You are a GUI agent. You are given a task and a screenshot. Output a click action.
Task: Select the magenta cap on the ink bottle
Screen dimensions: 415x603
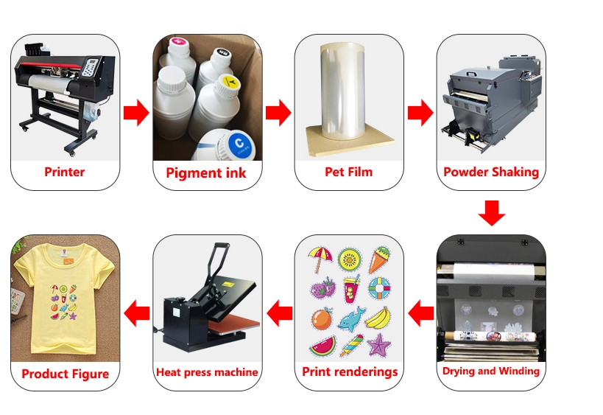point(177,42)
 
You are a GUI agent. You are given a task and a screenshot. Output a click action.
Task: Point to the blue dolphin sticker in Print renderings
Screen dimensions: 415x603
point(350,319)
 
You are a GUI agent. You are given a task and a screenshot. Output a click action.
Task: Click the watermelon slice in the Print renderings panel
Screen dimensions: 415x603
point(322,346)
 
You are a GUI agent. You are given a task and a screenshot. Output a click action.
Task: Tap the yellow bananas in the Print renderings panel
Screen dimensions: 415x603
point(378,318)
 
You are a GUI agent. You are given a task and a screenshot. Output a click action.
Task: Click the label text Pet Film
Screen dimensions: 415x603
point(349,172)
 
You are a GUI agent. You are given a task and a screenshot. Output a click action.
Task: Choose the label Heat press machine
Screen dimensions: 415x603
point(207,372)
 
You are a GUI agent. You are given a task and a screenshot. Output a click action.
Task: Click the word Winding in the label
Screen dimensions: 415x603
point(517,371)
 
